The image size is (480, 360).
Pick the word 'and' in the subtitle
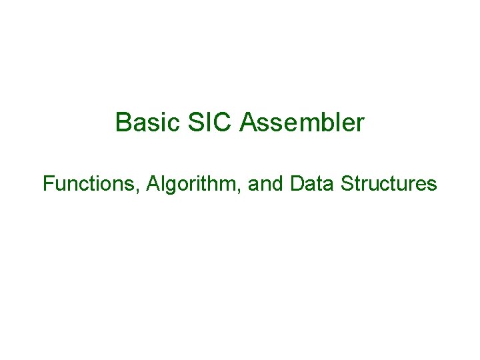(265, 183)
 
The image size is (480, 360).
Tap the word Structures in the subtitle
(389, 183)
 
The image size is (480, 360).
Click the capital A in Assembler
(248, 123)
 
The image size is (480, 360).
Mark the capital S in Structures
(347, 183)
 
